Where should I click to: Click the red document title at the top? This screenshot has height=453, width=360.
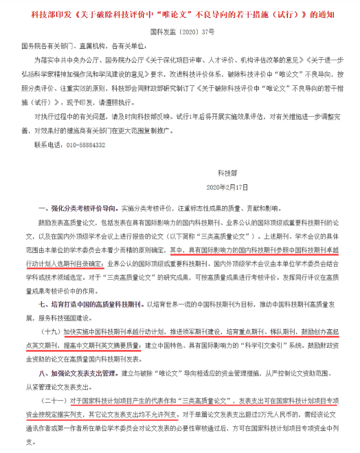[x=179, y=13]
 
